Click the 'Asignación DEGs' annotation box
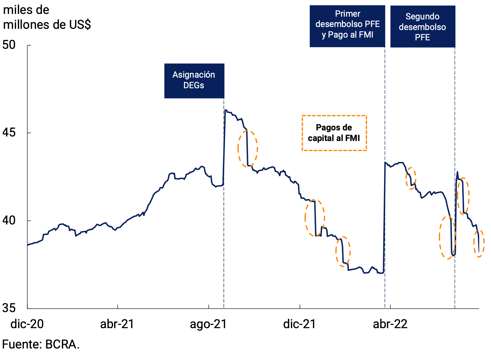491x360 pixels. pyautogui.click(x=194, y=81)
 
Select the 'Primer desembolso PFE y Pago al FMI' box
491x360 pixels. pyautogui.click(x=347, y=26)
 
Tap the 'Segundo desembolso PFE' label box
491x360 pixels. pyautogui.click(x=423, y=26)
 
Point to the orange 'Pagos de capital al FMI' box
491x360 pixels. pyautogui.click(x=334, y=133)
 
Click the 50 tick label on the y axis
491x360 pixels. pyautogui.click(x=9, y=45)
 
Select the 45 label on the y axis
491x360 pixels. pyautogui.click(x=9, y=133)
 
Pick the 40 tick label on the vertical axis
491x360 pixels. pyautogui.click(x=9, y=220)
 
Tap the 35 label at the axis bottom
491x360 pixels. pyautogui.click(x=9, y=308)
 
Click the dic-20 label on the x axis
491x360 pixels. pyautogui.click(x=27, y=324)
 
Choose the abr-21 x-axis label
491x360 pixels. pyautogui.click(x=117, y=324)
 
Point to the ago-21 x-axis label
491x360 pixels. pyautogui.click(x=209, y=324)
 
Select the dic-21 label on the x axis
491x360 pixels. pyautogui.click(x=299, y=324)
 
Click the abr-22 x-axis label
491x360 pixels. pyautogui.click(x=390, y=324)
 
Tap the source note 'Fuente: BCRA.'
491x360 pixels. pyautogui.click(x=41, y=345)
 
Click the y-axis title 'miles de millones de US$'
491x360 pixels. pyautogui.click(x=47, y=17)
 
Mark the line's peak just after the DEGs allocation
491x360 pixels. pyautogui.click(x=225, y=110)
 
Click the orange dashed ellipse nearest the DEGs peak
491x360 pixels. pyautogui.click(x=248, y=149)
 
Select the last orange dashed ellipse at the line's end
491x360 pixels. pyautogui.click(x=479, y=243)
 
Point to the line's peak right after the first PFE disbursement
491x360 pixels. pyautogui.click(x=385, y=162)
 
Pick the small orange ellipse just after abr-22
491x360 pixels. pyautogui.click(x=411, y=178)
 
